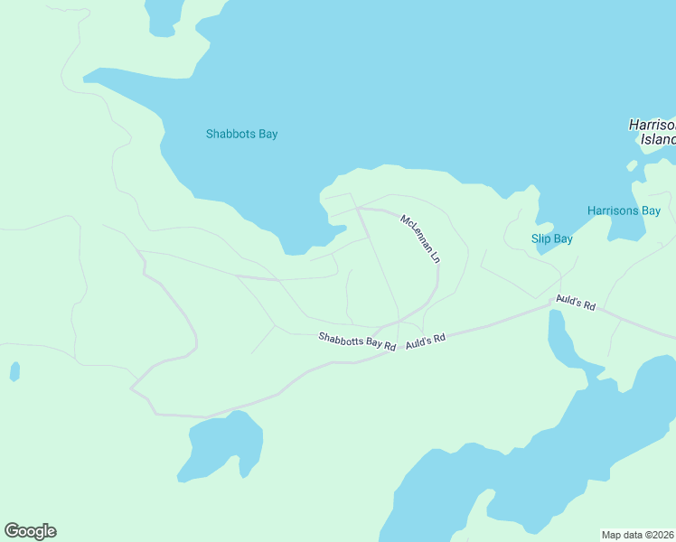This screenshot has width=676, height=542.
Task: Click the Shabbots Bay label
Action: tap(241, 134)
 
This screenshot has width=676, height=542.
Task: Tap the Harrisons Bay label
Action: tap(624, 210)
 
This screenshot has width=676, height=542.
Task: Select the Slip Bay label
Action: tap(551, 239)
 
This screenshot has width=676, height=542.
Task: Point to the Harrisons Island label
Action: tap(652, 132)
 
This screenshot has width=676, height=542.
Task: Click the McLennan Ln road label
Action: tap(420, 239)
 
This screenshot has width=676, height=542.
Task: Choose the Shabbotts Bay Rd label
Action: tap(357, 341)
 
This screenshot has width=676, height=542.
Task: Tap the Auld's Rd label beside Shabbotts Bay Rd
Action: tap(426, 341)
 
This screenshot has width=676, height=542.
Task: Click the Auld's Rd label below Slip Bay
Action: tap(576, 303)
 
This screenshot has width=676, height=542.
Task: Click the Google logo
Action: tap(30, 531)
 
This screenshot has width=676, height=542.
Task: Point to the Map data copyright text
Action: tap(638, 534)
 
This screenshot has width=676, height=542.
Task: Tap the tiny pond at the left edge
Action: tap(14, 371)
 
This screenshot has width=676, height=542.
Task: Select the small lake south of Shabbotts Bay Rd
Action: tap(224, 444)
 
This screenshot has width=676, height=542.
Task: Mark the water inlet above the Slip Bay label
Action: tap(544, 226)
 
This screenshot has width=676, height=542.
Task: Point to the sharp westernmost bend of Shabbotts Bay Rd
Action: tap(132, 388)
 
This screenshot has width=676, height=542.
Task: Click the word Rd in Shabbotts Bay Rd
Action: tap(390, 346)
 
